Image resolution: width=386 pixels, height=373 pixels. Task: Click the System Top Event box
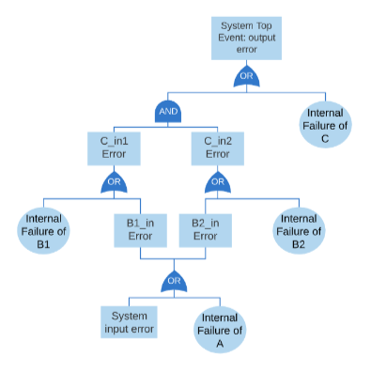pyautogui.click(x=246, y=39)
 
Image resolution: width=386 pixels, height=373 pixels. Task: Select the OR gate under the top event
pyautogui.click(x=246, y=76)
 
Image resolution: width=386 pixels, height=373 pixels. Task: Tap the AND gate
pyautogui.click(x=168, y=112)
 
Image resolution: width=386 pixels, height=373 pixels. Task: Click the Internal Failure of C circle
pyautogui.click(x=325, y=125)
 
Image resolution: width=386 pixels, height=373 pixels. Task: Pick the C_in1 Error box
pyautogui.click(x=114, y=148)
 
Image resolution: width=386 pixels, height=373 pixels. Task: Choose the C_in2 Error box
pyautogui.click(x=218, y=148)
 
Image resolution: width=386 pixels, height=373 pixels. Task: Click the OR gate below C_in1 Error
pyautogui.click(x=114, y=182)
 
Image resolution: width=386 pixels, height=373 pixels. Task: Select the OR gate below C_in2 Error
pyautogui.click(x=218, y=182)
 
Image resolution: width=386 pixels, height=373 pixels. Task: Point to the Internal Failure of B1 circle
pyautogui.click(x=43, y=231)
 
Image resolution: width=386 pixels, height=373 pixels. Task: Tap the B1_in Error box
pyautogui.click(x=140, y=230)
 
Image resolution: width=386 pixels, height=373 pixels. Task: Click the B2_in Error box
pyautogui.click(x=206, y=230)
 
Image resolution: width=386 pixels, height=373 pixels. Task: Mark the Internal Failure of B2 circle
pyautogui.click(x=299, y=231)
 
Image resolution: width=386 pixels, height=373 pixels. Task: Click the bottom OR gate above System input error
pyautogui.click(x=174, y=281)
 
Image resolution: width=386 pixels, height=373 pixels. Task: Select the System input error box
pyautogui.click(x=129, y=322)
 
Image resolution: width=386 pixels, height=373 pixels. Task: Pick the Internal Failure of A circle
pyautogui.click(x=220, y=330)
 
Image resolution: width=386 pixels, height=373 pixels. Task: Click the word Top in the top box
pyautogui.click(x=264, y=26)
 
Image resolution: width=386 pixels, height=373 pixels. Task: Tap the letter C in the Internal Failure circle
pyautogui.click(x=325, y=138)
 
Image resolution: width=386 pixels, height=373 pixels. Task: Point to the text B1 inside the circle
pyautogui.click(x=43, y=244)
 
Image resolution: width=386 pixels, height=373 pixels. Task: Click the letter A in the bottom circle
pyautogui.click(x=220, y=344)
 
